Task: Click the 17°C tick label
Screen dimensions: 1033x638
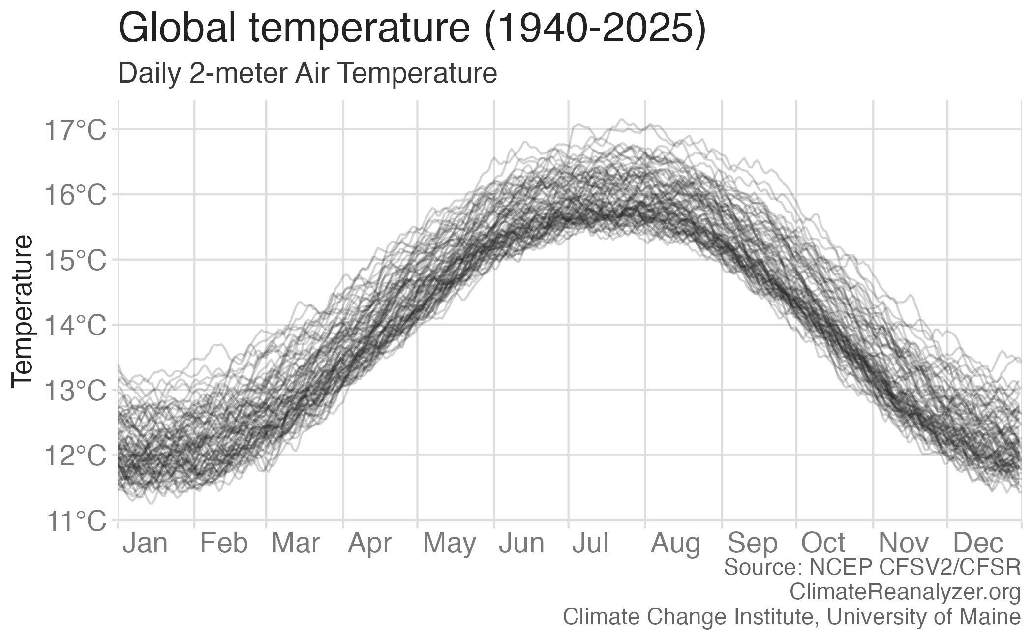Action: coord(75,131)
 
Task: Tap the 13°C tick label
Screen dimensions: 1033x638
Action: coord(75,391)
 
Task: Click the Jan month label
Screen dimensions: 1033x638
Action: coord(145,544)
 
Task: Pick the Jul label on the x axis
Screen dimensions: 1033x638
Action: coord(590,544)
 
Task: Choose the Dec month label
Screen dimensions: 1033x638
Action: coord(978,544)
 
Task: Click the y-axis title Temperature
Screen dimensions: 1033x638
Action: coord(23,311)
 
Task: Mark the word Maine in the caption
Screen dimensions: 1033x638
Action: coord(993,617)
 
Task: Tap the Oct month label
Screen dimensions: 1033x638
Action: coord(823,544)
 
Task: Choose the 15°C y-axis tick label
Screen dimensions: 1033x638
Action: coord(75,261)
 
